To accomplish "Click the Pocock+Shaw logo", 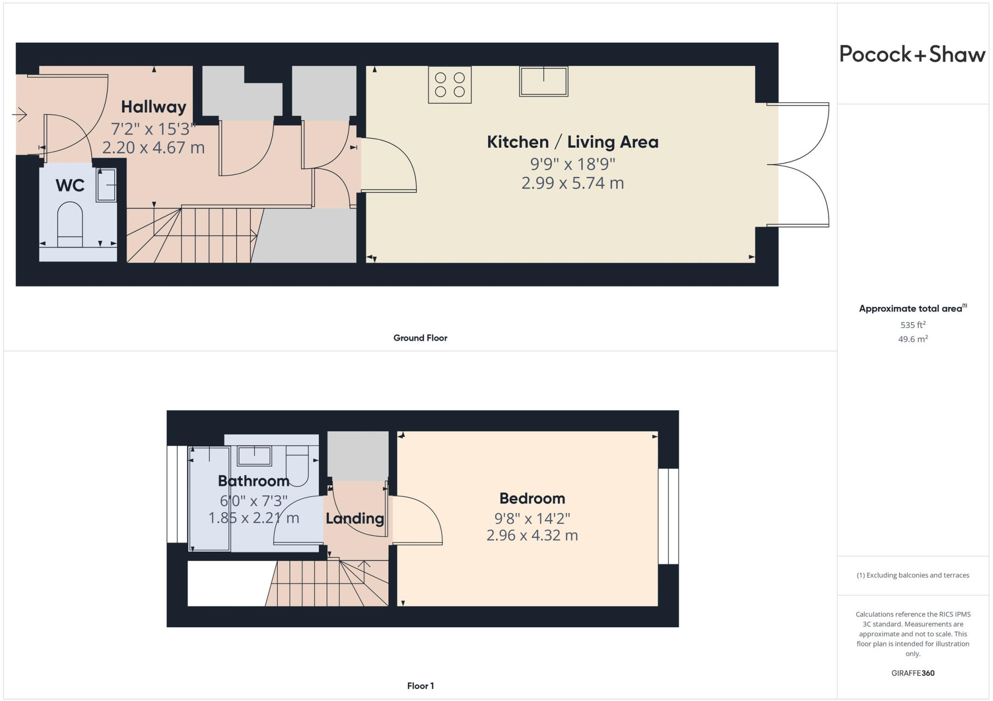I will point(912,54).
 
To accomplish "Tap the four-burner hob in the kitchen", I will point(449,85).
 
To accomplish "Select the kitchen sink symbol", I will point(543,81).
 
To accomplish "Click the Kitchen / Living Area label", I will point(572,142).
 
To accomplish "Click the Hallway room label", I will point(153,107).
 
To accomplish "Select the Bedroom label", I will point(532,498).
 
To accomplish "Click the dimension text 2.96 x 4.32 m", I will point(532,535).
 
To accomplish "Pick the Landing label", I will point(354,518).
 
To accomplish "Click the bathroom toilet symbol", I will point(297,466).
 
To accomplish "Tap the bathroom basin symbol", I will point(254,456).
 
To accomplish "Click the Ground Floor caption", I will point(420,338).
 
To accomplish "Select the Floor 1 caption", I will point(420,685).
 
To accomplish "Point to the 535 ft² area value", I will point(913,325).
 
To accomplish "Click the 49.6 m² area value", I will point(913,339).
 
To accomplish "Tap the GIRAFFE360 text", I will point(913,673).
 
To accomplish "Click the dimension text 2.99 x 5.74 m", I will point(572,183).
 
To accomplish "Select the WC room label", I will point(70,185).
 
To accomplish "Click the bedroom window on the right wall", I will point(668,516).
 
